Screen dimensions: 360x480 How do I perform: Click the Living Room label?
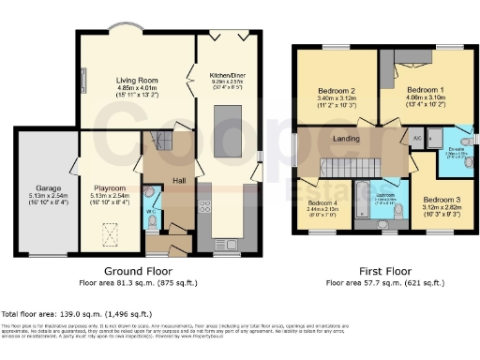point(135,81)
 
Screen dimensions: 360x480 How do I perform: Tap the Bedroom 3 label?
point(439,200)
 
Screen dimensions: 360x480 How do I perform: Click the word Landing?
point(348,139)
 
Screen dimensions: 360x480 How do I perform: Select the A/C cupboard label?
point(416,137)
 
